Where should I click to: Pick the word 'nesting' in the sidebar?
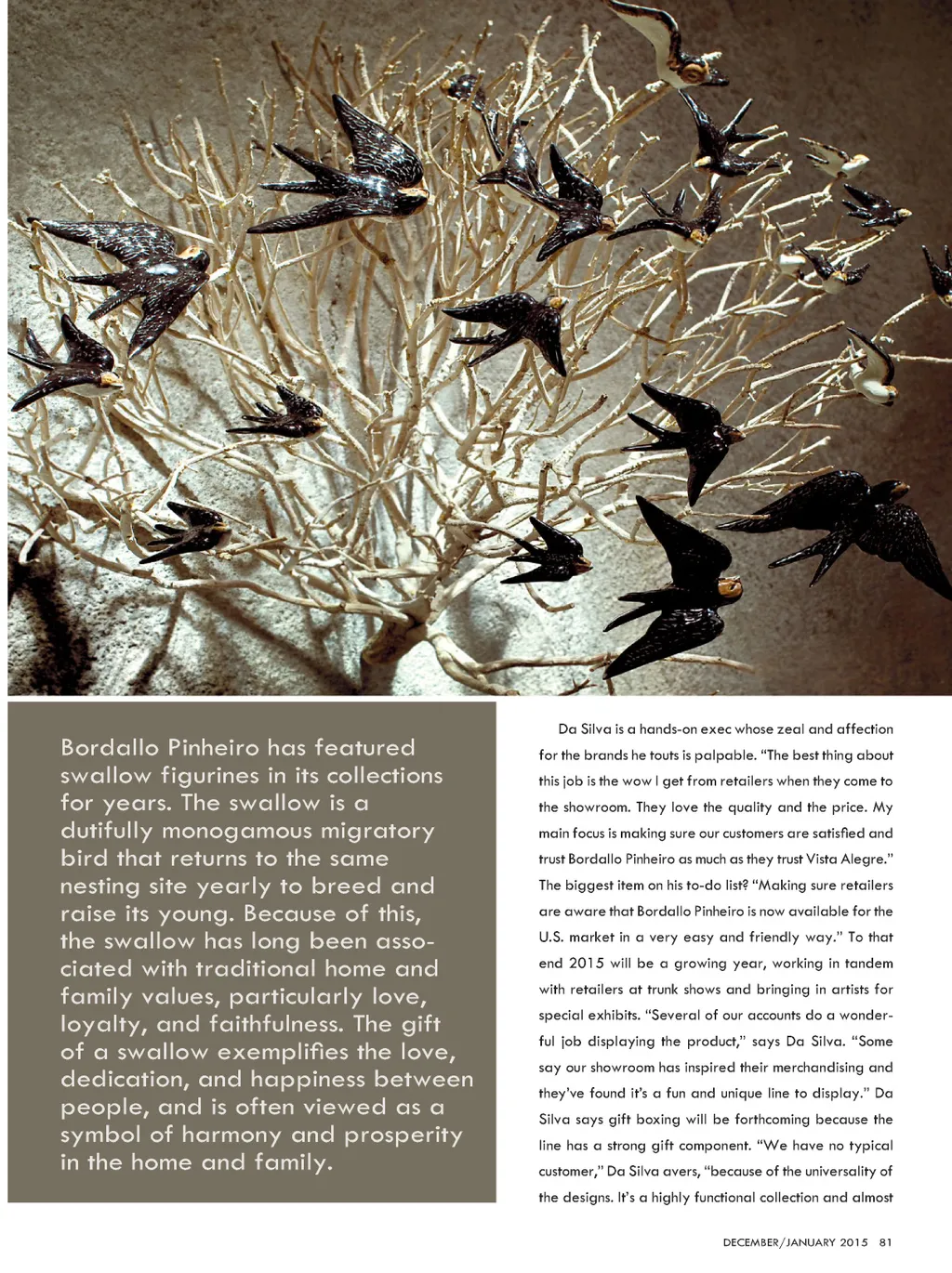point(100,886)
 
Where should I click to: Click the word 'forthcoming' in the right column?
point(760,1120)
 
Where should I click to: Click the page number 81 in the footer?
point(885,1242)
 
